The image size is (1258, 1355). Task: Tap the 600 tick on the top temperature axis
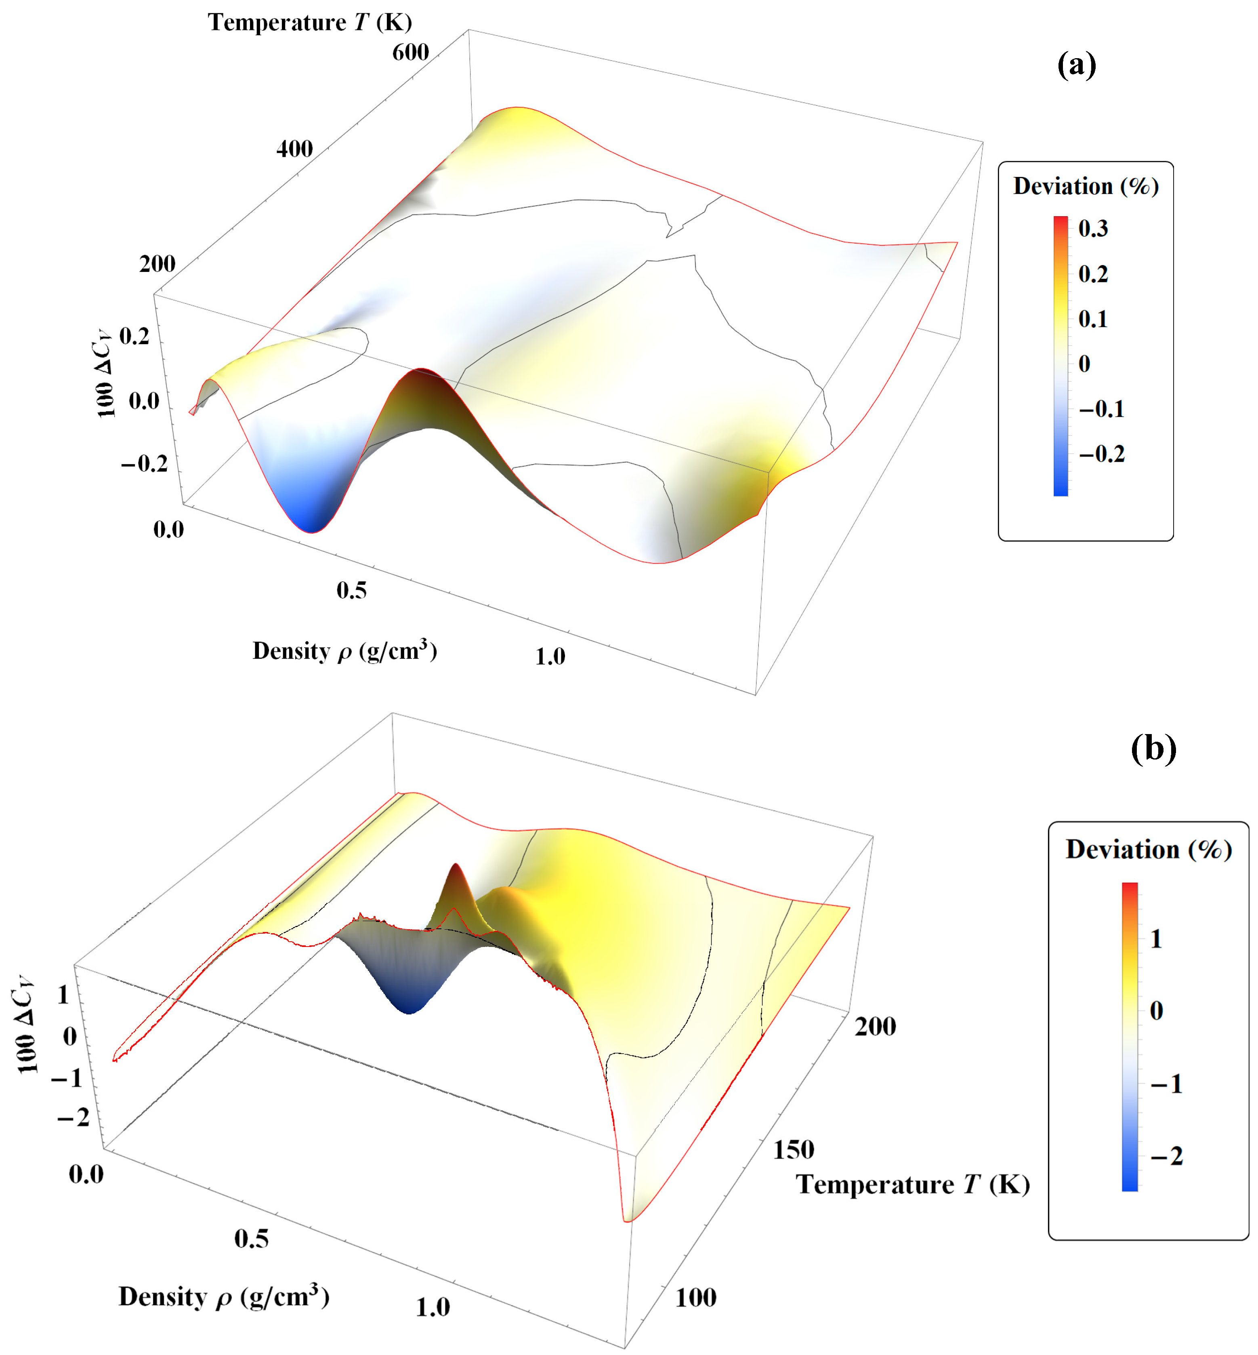coord(410,53)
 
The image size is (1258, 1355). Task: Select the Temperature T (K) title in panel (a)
coord(310,23)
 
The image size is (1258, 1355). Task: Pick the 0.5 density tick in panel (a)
coord(351,590)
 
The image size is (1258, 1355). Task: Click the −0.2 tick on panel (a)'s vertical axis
coord(144,464)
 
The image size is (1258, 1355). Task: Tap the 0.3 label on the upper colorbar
coord(1093,229)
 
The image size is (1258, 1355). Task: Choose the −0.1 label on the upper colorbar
coord(1101,409)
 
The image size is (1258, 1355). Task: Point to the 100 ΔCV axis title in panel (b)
coord(26,1025)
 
